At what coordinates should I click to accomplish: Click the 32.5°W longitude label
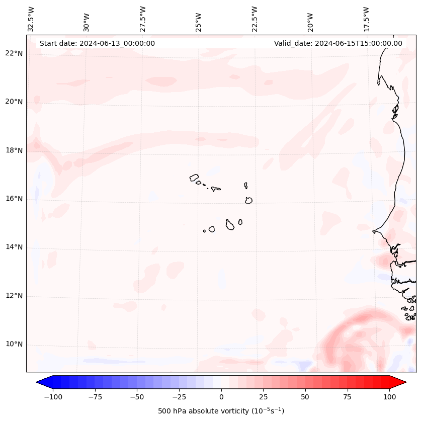31,19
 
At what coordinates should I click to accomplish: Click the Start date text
97,43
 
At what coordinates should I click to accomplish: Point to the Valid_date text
338,43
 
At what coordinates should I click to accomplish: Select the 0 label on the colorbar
221,397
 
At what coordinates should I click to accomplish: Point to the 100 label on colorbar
389,397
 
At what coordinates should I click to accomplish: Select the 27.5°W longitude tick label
143,19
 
